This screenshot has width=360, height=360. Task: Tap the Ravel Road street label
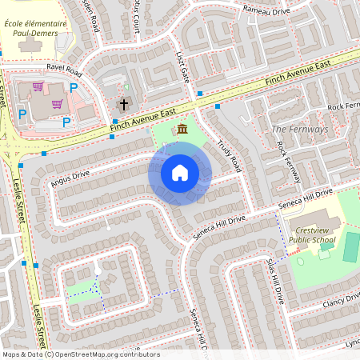64,69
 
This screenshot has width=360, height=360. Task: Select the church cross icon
124,104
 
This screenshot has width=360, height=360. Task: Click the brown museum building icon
182,130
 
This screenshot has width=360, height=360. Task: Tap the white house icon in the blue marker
180,173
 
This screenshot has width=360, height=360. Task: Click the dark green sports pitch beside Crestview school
351,247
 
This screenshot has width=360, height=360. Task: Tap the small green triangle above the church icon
126,86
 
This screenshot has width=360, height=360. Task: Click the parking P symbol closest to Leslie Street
22,115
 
